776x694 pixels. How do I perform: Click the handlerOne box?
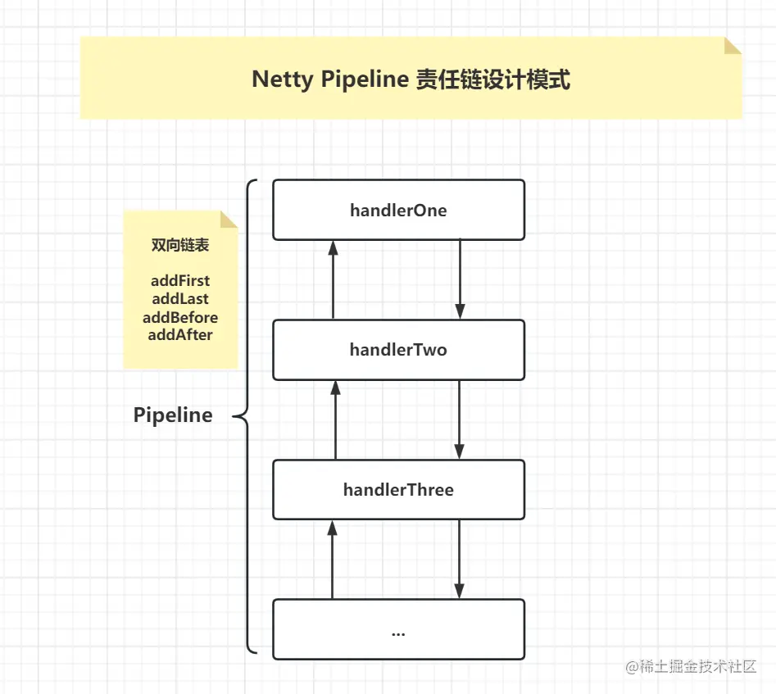(398, 211)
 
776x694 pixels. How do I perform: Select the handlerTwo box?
(398, 350)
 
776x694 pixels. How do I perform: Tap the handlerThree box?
(398, 490)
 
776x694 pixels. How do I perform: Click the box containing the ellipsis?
(398, 629)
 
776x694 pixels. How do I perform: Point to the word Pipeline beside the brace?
(173, 415)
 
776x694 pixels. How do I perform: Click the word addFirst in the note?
(180, 281)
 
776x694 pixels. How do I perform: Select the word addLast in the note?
(180, 299)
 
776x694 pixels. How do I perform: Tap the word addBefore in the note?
(180, 317)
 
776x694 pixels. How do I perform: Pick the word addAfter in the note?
(180, 335)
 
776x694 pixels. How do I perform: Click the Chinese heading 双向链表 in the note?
(180, 245)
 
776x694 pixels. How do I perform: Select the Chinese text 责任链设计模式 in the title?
(492, 79)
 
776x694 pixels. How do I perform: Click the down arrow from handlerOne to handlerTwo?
(460, 279)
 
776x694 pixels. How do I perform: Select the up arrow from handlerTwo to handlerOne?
(333, 279)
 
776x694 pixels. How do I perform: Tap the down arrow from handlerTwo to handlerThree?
(460, 420)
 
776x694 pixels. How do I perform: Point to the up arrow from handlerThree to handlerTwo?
(334, 420)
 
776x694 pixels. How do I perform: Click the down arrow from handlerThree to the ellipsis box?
(460, 559)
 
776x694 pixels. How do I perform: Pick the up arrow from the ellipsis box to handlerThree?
(333, 559)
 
